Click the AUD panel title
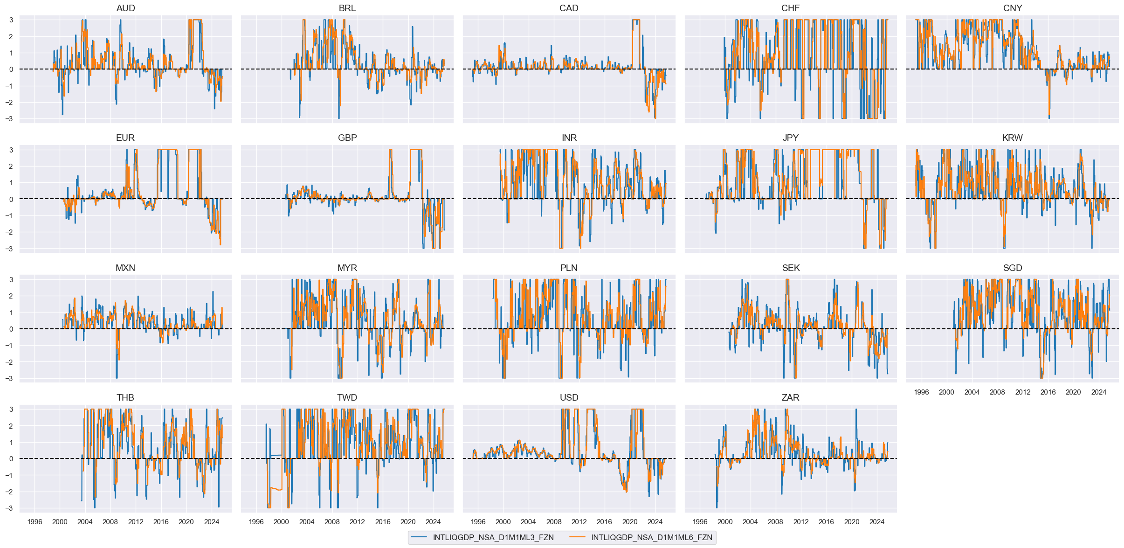click(x=125, y=8)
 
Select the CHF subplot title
click(x=790, y=8)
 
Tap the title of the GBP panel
click(x=347, y=138)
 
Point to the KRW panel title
click(x=1012, y=138)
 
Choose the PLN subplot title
click(x=569, y=268)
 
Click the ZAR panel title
click(x=790, y=397)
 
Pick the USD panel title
click(x=569, y=397)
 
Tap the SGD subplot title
click(x=1012, y=268)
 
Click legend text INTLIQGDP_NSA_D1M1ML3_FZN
click(x=493, y=537)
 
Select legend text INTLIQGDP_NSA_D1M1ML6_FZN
click(x=652, y=537)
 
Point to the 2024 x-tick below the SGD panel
click(x=1098, y=392)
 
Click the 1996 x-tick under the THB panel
click(x=34, y=522)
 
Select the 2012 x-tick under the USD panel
click(x=579, y=522)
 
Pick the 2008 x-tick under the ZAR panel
click(x=775, y=522)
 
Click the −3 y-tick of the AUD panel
click(x=10, y=119)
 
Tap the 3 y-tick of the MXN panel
click(x=11, y=280)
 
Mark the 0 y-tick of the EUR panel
click(x=11, y=199)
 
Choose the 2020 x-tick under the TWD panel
click(x=408, y=522)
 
